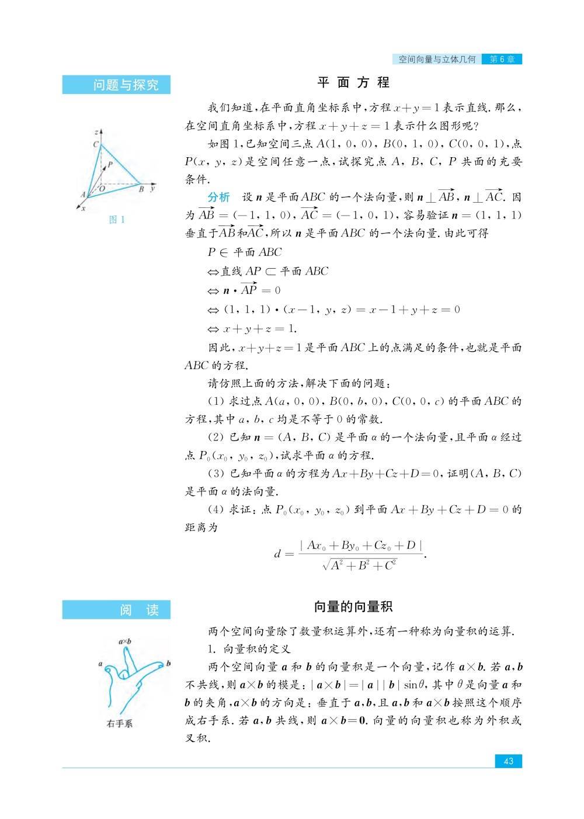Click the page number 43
[x=508, y=761]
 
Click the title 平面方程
[x=354, y=82]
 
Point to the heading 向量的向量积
[x=353, y=607]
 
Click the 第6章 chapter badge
[x=502, y=59]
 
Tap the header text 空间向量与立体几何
[x=437, y=59]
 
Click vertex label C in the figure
[x=95, y=144]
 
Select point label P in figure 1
[x=110, y=165]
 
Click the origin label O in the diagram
[x=103, y=189]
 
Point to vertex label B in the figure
[x=141, y=189]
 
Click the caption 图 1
[x=117, y=220]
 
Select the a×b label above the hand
[x=124, y=641]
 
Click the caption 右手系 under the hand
[x=119, y=723]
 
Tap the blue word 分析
[x=219, y=196]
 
